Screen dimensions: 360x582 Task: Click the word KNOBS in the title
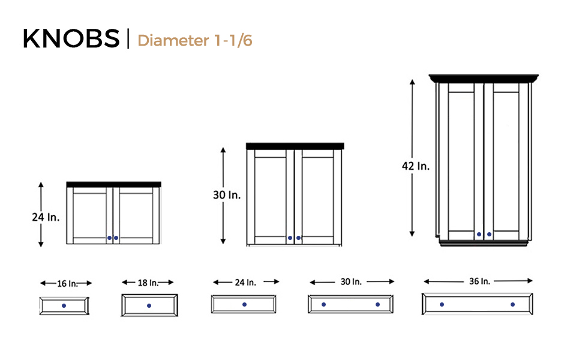point(71,38)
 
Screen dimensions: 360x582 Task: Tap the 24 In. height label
point(46,217)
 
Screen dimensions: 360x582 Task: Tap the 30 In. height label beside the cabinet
point(226,195)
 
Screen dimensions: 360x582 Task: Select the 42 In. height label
point(415,166)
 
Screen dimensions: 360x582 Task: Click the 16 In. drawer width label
point(66,283)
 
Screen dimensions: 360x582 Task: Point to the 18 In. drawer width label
point(148,282)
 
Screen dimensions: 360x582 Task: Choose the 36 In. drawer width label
point(478,281)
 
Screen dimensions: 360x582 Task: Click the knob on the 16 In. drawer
point(64,305)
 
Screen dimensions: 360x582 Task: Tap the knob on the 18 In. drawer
point(149,305)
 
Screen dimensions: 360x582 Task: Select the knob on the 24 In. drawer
point(244,305)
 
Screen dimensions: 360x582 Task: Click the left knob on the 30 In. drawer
point(323,305)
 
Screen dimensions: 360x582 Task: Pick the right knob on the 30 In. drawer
point(377,305)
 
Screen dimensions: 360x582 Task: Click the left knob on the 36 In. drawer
point(442,305)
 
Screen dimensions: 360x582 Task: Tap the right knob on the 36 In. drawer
point(513,305)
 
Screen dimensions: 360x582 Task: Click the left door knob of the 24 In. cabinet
point(109,238)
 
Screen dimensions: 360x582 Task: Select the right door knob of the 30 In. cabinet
point(298,238)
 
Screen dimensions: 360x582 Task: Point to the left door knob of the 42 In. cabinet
point(479,234)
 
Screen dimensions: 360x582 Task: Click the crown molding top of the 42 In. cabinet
point(484,78)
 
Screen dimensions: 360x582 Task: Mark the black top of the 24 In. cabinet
point(113,184)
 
